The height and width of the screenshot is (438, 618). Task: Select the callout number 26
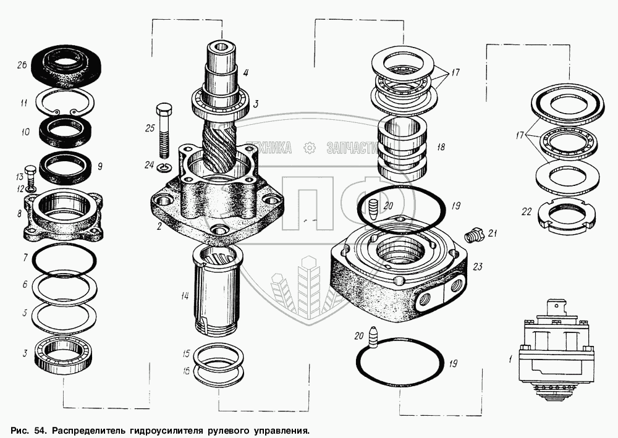(21, 66)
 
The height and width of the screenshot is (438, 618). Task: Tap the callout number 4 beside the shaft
(245, 72)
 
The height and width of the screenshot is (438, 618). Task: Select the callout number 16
(185, 370)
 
